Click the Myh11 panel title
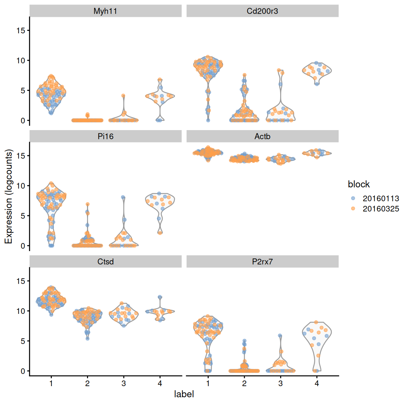[x=105, y=11]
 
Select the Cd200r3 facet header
[x=262, y=11]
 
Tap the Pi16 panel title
[x=105, y=136]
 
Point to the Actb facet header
[x=262, y=136]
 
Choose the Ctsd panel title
[x=105, y=262]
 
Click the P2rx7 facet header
[x=262, y=262]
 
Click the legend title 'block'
[x=358, y=184]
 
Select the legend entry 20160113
[x=381, y=198]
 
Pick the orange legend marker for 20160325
[x=353, y=209]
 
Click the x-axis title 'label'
[x=184, y=394]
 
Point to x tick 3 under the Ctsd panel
[x=123, y=383]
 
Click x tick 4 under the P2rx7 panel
[x=317, y=383]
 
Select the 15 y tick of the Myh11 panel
[x=21, y=31]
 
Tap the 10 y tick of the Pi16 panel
[x=21, y=186]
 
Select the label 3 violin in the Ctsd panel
[x=123, y=314]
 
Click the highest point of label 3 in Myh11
[x=123, y=96]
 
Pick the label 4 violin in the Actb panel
[x=317, y=153]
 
